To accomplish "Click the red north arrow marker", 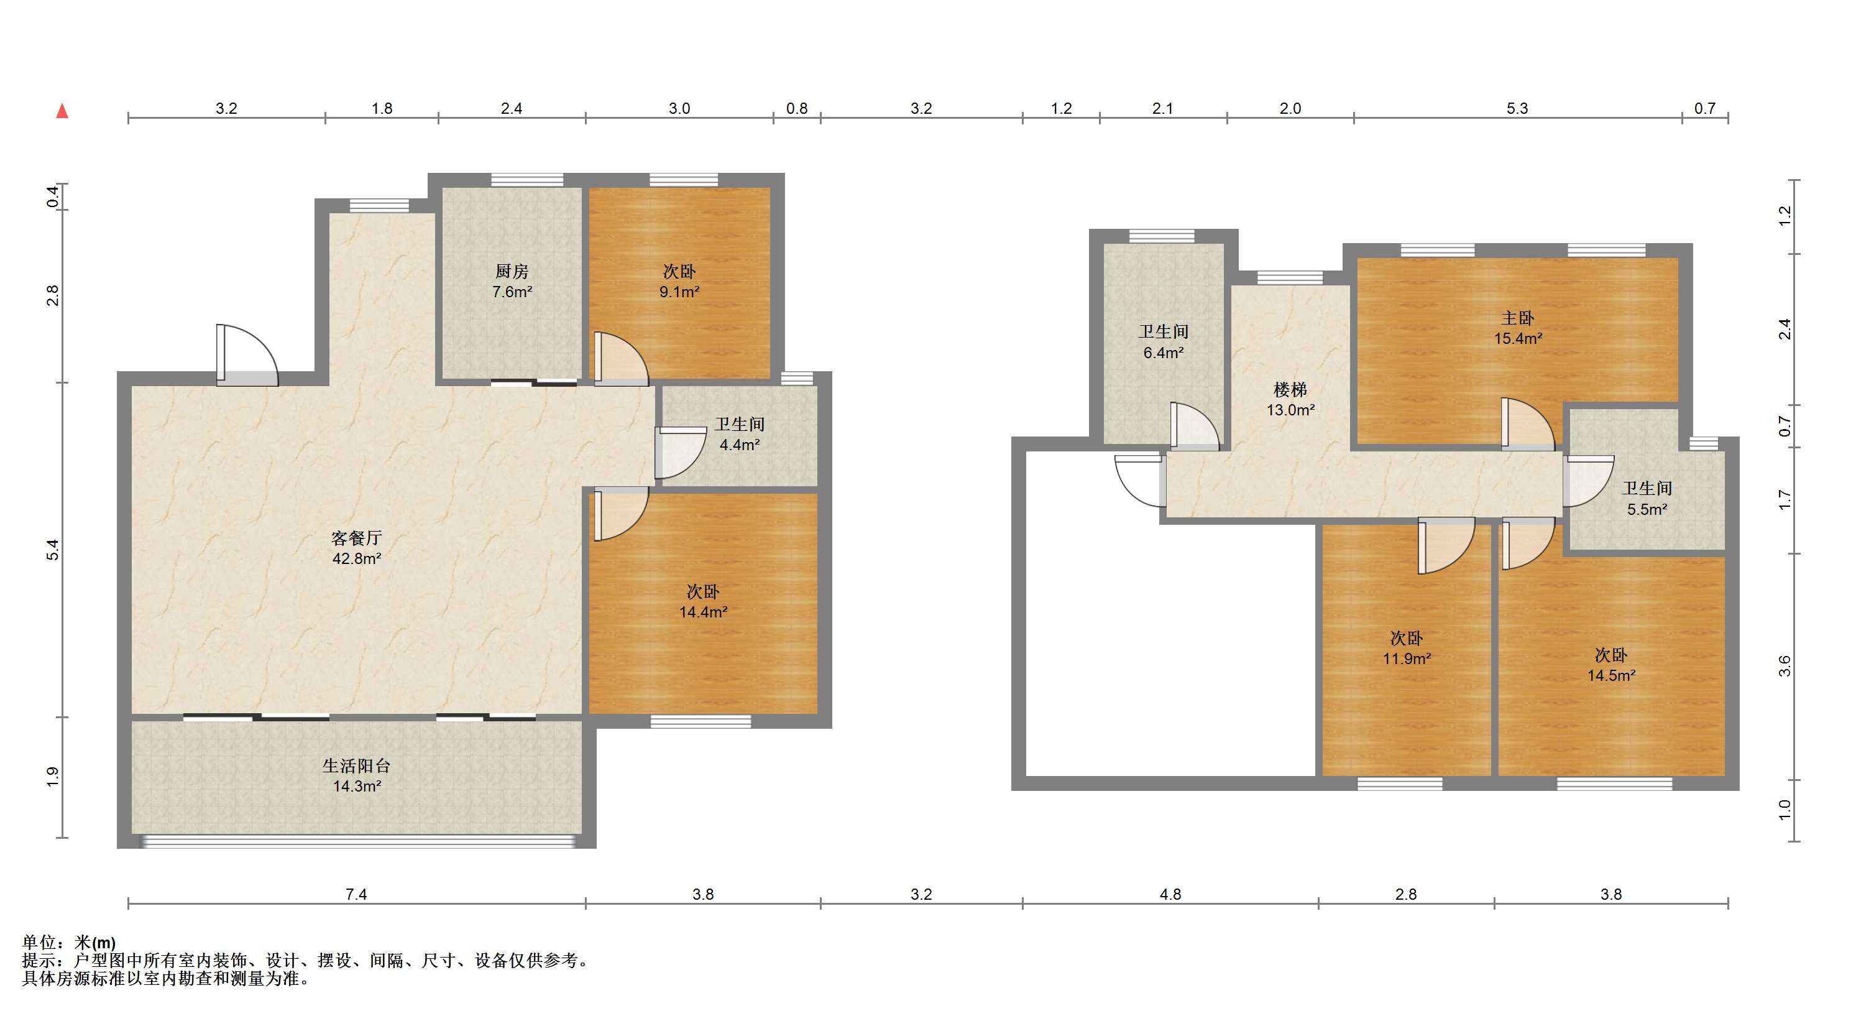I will [63, 111].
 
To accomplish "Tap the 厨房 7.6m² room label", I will [512, 282].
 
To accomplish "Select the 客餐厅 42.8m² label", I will [356, 548].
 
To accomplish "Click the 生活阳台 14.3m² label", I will [356, 775].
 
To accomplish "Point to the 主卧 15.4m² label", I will [1517, 328].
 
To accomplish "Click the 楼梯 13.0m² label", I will [1290, 399].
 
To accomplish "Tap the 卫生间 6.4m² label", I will [1163, 341].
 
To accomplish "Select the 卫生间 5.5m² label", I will [1647, 499].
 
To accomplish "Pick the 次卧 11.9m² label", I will [1406, 648].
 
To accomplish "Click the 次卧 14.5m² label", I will [1610, 664].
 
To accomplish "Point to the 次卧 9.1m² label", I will [679, 282].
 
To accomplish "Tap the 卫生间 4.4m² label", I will [739, 435].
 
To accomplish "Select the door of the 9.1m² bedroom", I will [620, 358].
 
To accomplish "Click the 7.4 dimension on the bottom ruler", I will [356, 894].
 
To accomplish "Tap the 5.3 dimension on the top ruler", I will [1517, 108].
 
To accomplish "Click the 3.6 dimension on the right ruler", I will [1784, 666].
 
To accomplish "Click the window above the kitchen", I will [526, 180].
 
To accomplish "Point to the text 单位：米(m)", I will [68, 943].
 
